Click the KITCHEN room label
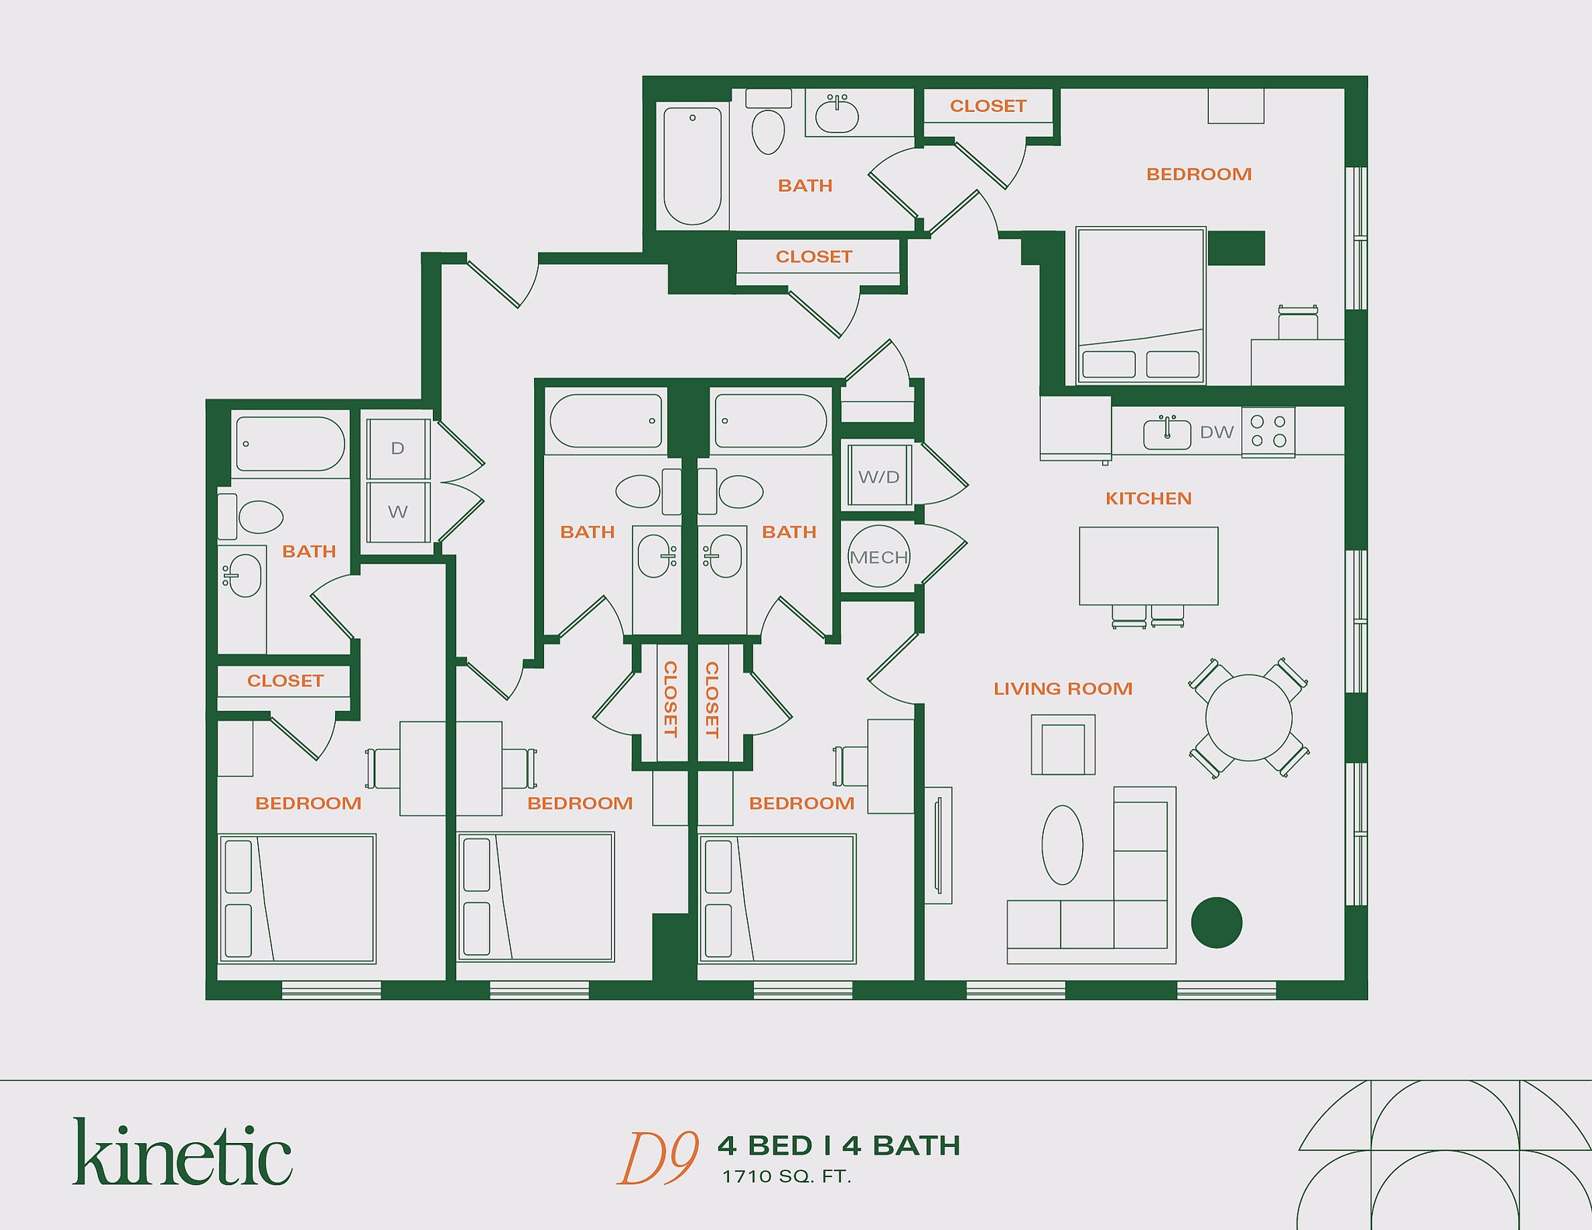pyautogui.click(x=1148, y=499)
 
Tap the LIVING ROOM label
pyautogui.click(x=1063, y=688)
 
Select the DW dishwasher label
pyautogui.click(x=1217, y=432)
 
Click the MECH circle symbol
pyautogui.click(x=878, y=557)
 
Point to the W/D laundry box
pyautogui.click(x=878, y=476)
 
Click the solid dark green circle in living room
pyautogui.click(x=1217, y=922)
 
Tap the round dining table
pyautogui.click(x=1248, y=718)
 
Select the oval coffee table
pyautogui.click(x=1062, y=845)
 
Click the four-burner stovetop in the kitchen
pyautogui.click(x=1268, y=432)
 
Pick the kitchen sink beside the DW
pyautogui.click(x=1167, y=433)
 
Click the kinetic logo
pyautogui.click(x=183, y=1153)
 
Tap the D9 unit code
pyautogui.click(x=658, y=1158)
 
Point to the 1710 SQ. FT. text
pyautogui.click(x=787, y=1177)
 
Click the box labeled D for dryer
pyautogui.click(x=398, y=448)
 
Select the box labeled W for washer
pyautogui.click(x=398, y=512)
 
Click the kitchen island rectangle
pyautogui.click(x=1148, y=566)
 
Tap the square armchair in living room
pyautogui.click(x=1063, y=744)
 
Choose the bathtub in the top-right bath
pyautogui.click(x=692, y=166)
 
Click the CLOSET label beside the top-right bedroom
pyautogui.click(x=988, y=106)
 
